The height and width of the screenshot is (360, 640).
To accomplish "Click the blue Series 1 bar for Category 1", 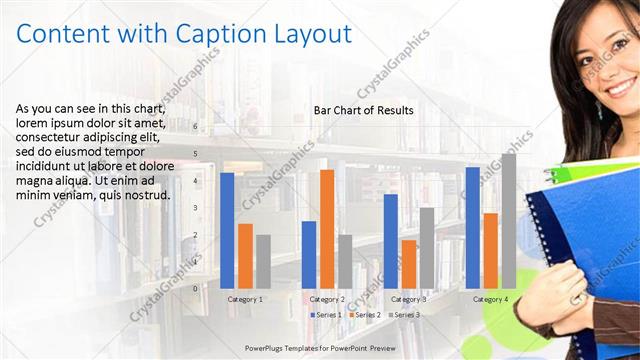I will [x=227, y=230].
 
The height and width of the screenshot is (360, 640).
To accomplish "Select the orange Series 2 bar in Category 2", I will [x=327, y=228].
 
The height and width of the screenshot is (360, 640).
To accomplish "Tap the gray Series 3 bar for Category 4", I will [x=509, y=221].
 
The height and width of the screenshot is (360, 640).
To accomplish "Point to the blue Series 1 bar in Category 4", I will [x=472, y=227].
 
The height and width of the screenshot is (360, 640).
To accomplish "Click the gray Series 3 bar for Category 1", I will [x=263, y=261].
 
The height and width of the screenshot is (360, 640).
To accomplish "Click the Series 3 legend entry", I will [x=403, y=315].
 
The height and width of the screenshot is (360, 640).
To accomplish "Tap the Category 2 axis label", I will [x=327, y=299].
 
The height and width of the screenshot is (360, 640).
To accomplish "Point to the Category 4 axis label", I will [x=490, y=299].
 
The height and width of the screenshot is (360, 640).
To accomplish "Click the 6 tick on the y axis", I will [x=195, y=127].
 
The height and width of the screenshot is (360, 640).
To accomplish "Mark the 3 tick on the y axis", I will [x=195, y=208].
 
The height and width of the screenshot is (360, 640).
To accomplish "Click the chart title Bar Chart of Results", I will [x=363, y=110].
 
